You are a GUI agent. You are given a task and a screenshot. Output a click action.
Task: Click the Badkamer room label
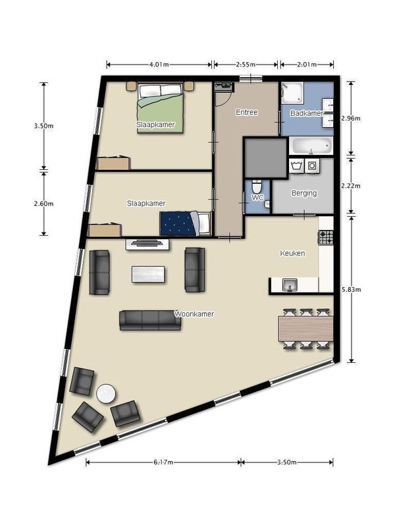tap(306, 113)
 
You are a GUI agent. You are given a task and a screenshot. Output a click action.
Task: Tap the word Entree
tap(246, 112)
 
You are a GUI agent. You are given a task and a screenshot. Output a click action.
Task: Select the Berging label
tap(304, 193)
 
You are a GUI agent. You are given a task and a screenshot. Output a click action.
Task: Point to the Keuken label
tap(292, 253)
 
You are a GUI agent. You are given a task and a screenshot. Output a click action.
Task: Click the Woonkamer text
tap(194, 314)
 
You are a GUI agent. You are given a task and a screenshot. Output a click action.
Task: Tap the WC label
tap(257, 198)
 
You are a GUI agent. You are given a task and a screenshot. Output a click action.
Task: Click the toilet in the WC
tap(257, 186)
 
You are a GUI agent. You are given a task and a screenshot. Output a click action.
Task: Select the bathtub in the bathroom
tap(311, 146)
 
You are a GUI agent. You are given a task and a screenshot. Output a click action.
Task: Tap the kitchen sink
tap(290, 285)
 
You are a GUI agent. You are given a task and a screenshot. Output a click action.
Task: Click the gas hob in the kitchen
tap(325, 237)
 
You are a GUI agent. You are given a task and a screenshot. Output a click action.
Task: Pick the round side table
tap(106, 393)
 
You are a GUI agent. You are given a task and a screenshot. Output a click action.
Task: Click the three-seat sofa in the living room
tap(150, 320)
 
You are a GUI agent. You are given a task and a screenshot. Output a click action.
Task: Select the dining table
tap(305, 329)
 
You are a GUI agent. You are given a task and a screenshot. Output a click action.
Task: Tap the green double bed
tap(161, 109)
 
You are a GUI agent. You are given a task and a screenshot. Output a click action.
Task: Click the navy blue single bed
tap(185, 223)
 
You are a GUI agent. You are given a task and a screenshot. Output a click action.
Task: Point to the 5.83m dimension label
tap(351, 289)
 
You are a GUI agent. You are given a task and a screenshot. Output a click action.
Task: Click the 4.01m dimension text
tap(159, 65)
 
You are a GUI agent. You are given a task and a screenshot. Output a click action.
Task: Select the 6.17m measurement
tap(163, 462)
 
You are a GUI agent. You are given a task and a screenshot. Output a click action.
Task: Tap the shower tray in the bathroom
tap(292, 92)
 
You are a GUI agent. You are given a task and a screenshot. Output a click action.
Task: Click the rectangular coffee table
tap(148, 274)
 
